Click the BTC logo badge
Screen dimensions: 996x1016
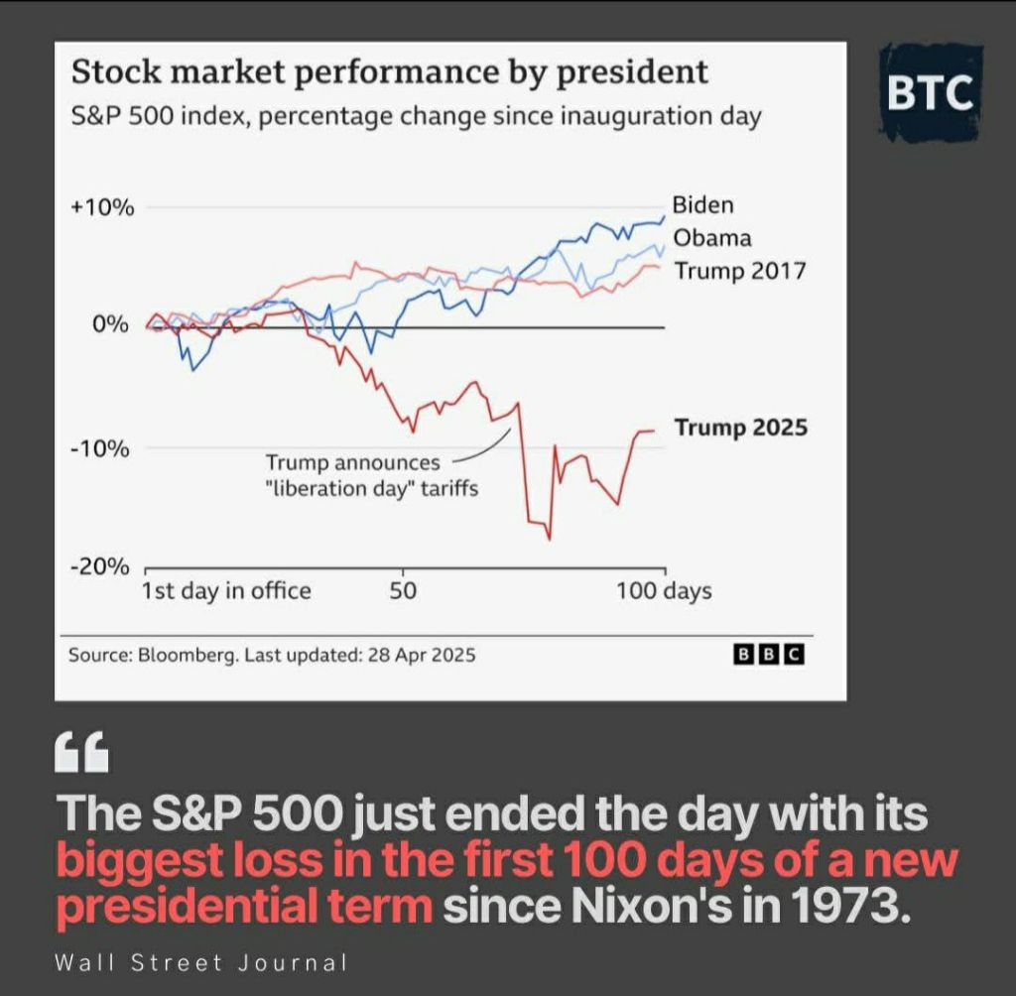click(929, 91)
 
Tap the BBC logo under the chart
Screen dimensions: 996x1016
click(768, 655)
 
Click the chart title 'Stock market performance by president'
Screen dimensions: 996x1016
click(389, 72)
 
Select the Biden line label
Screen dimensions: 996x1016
click(703, 205)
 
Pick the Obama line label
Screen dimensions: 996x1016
click(712, 238)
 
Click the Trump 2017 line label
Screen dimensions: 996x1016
click(740, 271)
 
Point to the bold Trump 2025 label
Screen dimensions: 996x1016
click(741, 428)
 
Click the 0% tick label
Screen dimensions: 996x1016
click(111, 324)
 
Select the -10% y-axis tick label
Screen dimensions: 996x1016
click(101, 448)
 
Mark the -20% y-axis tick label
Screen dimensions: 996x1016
click(101, 566)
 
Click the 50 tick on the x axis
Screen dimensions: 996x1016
click(403, 591)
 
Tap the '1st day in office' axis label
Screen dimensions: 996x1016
click(226, 591)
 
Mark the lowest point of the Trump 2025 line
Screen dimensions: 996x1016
click(549, 539)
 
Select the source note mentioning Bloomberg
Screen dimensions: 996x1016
click(272, 655)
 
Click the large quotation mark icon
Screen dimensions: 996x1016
click(83, 754)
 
